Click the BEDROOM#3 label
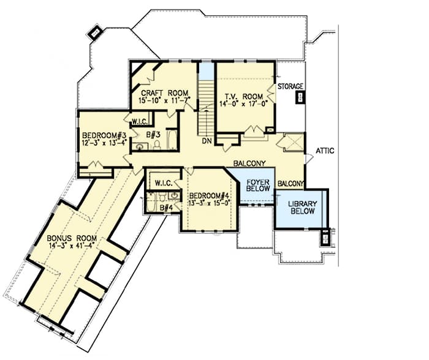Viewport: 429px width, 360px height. tap(104, 135)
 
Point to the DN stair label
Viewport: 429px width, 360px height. tap(207, 140)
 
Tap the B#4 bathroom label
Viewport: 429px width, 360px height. tap(165, 208)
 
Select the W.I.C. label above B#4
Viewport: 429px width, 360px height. tap(163, 182)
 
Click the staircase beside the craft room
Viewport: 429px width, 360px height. tap(207, 101)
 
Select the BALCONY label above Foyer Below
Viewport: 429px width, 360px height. tap(249, 163)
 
